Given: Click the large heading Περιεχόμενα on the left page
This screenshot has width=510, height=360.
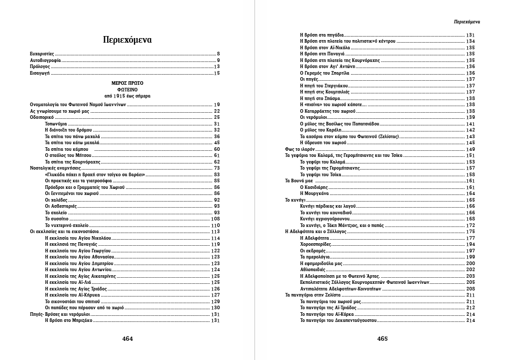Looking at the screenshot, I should click(x=127, y=40).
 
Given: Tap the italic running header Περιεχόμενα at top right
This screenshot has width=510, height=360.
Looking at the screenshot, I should click(x=466, y=22).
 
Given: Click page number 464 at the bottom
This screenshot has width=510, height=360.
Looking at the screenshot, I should click(x=127, y=339).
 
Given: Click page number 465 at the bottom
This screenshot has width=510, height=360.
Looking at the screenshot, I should click(x=382, y=339).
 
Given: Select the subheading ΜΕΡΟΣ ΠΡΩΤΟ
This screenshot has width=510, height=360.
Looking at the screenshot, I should click(x=127, y=82).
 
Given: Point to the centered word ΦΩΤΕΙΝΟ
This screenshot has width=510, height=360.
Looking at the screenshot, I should click(x=127, y=89).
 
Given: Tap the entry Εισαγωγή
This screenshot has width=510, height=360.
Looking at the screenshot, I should click(x=40, y=73).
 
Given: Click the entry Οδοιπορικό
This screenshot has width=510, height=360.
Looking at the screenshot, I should click(x=42, y=117).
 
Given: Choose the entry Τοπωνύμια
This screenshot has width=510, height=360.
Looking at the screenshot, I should click(x=57, y=124).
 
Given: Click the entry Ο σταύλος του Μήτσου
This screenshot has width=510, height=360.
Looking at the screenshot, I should click(x=67, y=155).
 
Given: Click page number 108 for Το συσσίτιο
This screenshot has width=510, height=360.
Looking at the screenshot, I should click(x=215, y=219).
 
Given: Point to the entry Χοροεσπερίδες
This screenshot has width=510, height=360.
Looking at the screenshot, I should click(x=315, y=244).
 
